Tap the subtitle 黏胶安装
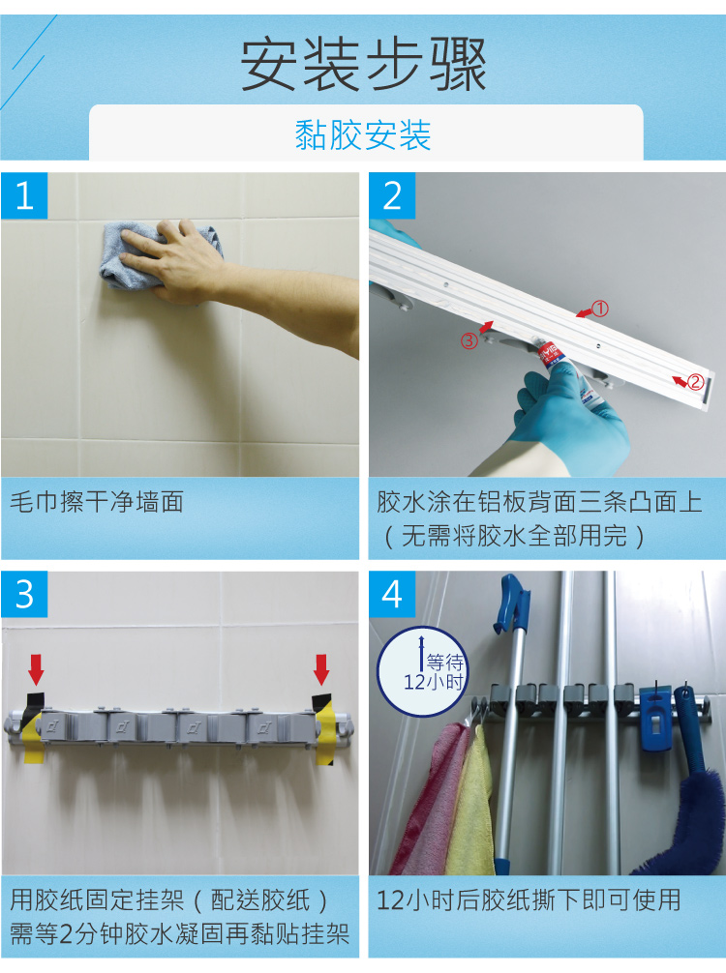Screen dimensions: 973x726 coord(363,134)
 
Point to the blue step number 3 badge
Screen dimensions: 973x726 coord(25,593)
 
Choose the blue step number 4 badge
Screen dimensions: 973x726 coord(392,593)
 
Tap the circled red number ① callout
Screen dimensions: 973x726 coord(600,310)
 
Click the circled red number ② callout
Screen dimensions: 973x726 coord(694,381)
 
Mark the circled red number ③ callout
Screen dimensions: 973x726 coord(469,339)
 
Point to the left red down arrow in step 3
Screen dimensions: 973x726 coord(36,668)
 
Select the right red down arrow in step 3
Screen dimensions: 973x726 coord(321,668)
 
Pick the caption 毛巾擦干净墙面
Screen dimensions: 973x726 coord(96,502)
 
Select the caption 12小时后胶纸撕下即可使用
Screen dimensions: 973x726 coord(529,900)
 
